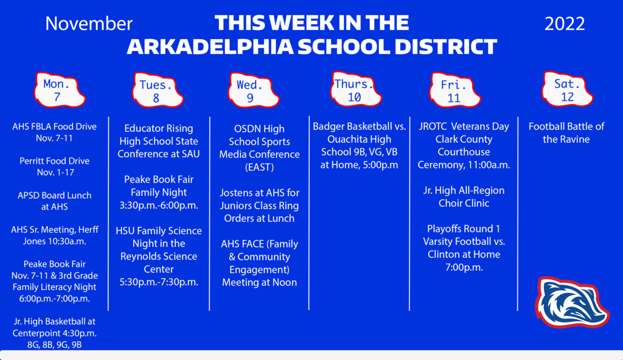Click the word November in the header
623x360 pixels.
click(x=89, y=24)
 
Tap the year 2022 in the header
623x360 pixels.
click(x=565, y=24)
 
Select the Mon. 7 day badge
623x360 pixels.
click(x=59, y=90)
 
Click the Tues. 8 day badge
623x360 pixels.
click(x=157, y=90)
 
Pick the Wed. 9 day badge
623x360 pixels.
click(x=253, y=90)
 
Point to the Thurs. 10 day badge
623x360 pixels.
click(x=355, y=89)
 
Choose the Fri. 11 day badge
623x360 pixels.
click(x=454, y=90)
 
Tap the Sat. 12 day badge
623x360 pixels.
click(x=568, y=89)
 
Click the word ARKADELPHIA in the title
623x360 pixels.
click(x=210, y=47)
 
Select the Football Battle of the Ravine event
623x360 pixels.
click(x=566, y=133)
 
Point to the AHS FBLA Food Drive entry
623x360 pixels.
click(x=54, y=133)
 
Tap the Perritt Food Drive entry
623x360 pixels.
click(x=55, y=167)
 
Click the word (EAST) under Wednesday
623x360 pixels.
click(x=259, y=167)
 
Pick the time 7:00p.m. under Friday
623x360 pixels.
click(x=464, y=268)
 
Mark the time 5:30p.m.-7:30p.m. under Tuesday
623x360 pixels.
click(x=159, y=282)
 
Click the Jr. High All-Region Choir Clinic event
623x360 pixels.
click(x=464, y=196)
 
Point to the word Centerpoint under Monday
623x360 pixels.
click(x=36, y=333)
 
